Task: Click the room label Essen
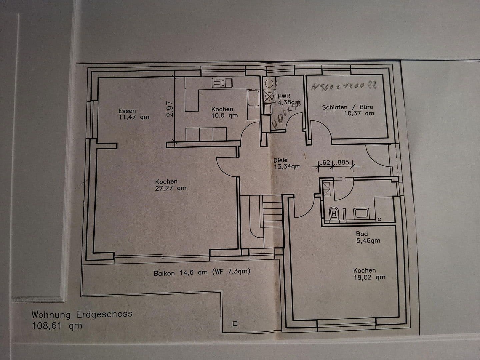127,111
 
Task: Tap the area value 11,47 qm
134,117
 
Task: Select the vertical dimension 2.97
170,109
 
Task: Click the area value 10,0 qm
224,115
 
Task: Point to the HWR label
284,96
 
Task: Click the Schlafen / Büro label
347,107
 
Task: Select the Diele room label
280,160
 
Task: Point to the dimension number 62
326,162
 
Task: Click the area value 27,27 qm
171,188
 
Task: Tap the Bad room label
362,234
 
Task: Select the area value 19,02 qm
369,277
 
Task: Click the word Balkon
164,273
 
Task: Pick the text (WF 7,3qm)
231,271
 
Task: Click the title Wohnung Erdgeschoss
82,314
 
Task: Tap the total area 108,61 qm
57,326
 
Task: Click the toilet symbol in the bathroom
333,213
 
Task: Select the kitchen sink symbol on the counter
222,83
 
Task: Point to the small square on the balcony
235,323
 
